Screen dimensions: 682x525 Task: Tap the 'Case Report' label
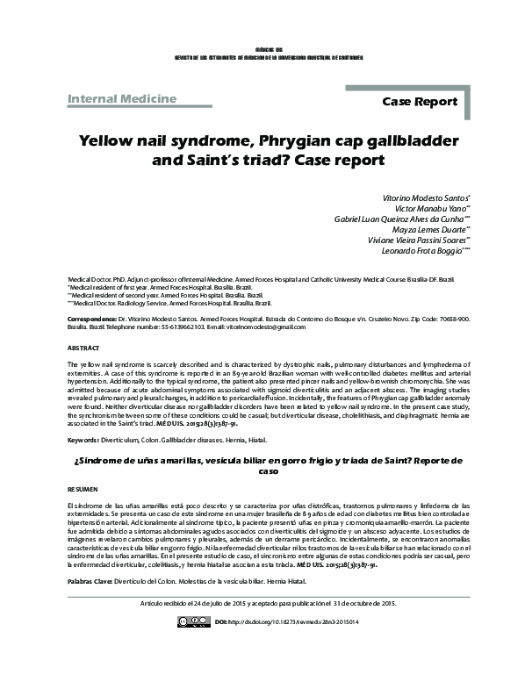420,103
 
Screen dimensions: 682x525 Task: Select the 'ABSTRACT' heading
84,348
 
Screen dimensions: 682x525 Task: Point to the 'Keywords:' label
83,439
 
